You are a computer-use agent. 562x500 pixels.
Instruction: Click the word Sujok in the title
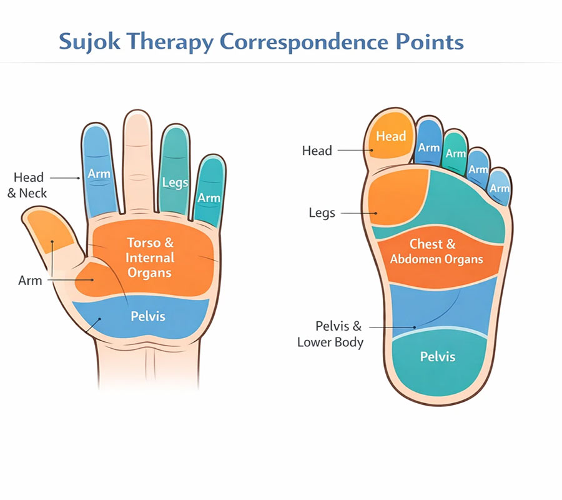tap(89, 42)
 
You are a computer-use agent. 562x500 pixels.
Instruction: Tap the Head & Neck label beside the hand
tap(27, 185)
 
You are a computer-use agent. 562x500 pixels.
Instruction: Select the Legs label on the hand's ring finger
tap(175, 182)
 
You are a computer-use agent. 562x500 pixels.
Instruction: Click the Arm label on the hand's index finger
tap(99, 174)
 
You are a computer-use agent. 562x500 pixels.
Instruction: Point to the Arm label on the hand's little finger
tap(209, 197)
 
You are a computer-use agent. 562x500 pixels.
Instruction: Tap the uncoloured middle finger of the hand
tap(138, 161)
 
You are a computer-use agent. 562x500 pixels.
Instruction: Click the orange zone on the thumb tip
tap(49, 230)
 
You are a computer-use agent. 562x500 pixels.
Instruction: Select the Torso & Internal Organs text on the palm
tap(150, 257)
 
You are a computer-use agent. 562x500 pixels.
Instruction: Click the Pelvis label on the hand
tap(148, 316)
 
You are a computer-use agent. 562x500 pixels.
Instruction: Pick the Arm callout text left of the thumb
tap(30, 280)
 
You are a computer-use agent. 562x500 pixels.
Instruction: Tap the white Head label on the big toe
tap(391, 136)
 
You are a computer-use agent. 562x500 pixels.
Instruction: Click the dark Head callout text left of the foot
tap(317, 151)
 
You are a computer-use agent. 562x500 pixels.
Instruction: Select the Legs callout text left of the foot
tap(322, 213)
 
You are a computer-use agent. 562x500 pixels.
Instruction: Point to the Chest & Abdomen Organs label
tap(436, 251)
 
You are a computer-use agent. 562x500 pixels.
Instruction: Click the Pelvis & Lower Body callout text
tap(330, 334)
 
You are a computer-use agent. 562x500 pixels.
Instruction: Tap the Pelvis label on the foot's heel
tap(438, 356)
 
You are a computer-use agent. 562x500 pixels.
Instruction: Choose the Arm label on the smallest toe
tap(500, 188)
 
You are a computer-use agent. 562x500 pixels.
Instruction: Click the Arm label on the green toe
tap(456, 154)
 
